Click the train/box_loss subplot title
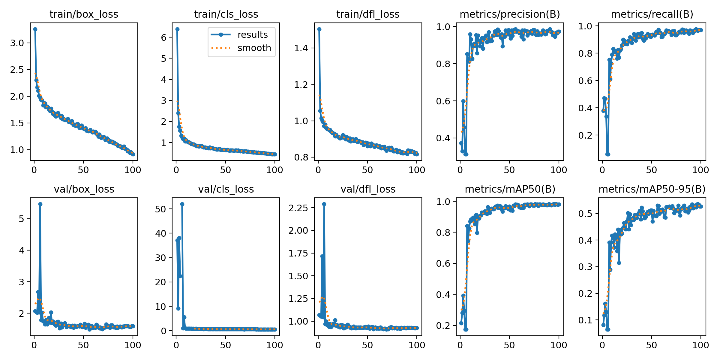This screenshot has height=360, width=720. [84, 14]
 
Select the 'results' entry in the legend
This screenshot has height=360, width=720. [252, 35]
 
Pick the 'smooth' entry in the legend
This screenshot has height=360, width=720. [254, 48]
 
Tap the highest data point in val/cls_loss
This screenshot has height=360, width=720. [182, 204]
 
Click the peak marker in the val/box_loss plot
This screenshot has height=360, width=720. [40, 204]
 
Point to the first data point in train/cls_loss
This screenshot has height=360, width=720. [177, 29]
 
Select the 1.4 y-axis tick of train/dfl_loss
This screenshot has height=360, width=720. [301, 48]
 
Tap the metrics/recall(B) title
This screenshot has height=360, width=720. [652, 14]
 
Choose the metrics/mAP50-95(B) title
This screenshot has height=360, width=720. [652, 189]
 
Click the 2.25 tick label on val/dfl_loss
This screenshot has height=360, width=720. [298, 208]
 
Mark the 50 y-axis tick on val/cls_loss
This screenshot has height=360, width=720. [160, 209]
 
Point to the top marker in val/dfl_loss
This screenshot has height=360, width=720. [324, 204]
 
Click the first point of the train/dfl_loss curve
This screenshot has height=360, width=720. [319, 29]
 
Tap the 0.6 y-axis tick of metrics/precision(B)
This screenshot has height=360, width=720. [443, 101]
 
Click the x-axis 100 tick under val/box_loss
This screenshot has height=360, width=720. [133, 345]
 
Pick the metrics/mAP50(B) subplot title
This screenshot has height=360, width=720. [510, 189]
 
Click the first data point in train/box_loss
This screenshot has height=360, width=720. [35, 29]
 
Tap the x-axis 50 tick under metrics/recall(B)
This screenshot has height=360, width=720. [651, 170]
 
